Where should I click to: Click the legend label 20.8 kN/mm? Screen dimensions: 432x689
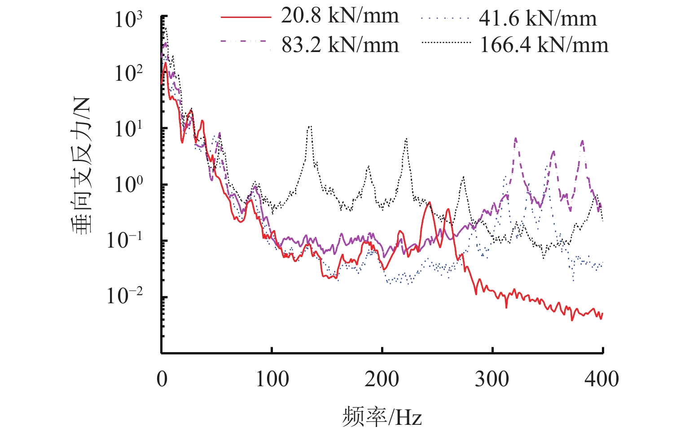340,17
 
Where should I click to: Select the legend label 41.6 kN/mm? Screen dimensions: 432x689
538,19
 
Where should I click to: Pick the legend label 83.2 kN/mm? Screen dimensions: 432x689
340,45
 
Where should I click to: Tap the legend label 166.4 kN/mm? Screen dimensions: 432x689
544,45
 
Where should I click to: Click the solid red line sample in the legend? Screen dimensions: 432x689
246,17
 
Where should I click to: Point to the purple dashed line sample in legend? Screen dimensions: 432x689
246,42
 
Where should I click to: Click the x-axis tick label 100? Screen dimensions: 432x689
272,380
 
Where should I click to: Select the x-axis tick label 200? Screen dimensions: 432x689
382,380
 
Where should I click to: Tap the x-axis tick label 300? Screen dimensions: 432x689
492,380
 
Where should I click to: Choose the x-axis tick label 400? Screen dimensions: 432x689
601,380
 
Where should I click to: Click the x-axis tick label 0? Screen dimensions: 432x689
162,380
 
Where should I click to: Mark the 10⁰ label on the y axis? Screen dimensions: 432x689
128,184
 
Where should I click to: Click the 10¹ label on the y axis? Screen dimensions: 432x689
128,129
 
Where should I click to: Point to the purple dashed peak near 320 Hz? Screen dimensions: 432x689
515,139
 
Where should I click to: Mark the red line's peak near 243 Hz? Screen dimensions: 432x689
430,203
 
